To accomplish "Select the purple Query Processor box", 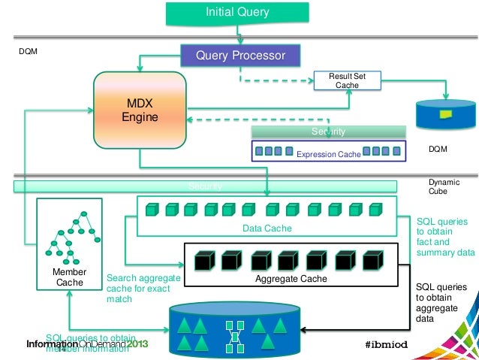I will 239,56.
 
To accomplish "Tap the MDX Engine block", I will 139,109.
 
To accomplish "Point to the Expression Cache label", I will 328,154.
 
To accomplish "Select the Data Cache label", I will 267,228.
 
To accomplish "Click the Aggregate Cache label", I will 291,279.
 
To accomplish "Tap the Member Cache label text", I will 69,277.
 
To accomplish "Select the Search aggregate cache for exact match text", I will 143,288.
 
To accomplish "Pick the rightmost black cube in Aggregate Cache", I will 372,259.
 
